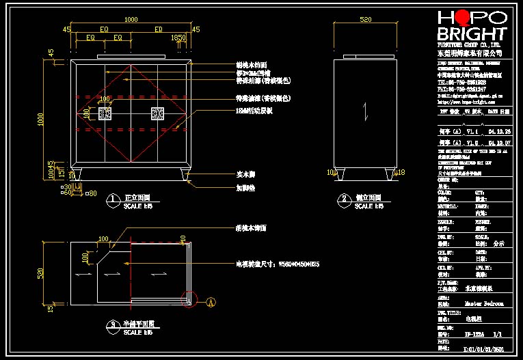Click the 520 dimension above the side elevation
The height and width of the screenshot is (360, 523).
click(366, 20)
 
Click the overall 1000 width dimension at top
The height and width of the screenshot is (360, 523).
click(131, 20)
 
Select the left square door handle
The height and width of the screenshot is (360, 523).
click(105, 113)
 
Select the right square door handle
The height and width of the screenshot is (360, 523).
click(158, 113)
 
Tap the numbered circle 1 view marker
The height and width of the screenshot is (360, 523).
click(113, 201)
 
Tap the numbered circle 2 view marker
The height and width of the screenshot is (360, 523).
click(343, 201)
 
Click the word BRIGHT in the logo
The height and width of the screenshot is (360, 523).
click(472, 34)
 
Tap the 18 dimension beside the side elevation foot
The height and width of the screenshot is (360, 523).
click(401, 173)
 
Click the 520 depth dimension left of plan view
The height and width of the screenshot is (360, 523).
click(40, 273)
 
